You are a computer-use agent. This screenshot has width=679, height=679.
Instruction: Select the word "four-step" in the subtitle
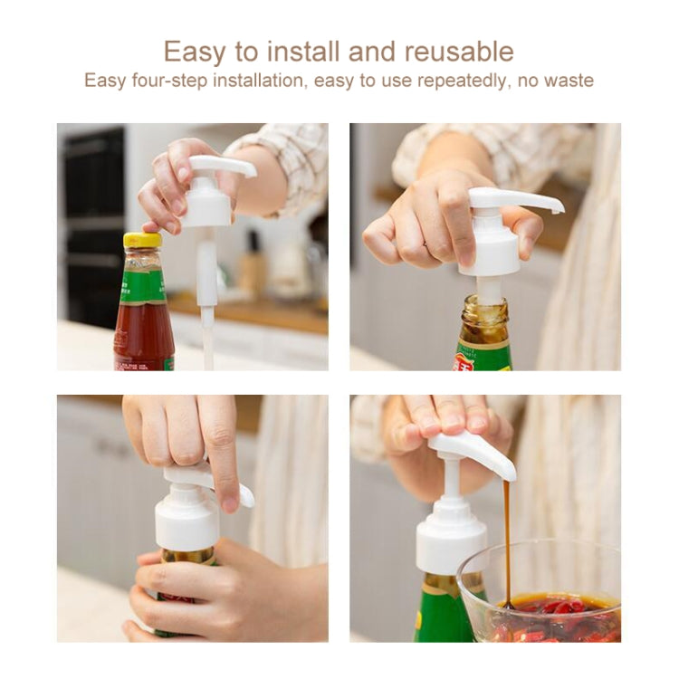point(163,80)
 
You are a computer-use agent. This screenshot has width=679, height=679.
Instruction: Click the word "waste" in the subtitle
point(567,80)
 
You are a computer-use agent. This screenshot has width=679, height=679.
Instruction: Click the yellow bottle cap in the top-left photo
point(142,241)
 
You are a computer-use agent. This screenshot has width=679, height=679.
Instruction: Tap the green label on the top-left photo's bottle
point(143,287)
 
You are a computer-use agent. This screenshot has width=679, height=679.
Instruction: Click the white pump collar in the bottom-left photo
point(186,520)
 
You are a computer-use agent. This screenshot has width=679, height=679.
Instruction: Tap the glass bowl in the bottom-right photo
point(543,588)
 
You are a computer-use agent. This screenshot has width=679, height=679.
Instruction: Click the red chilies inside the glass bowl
point(543,616)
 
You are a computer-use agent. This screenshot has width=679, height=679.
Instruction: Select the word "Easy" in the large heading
point(195,51)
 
